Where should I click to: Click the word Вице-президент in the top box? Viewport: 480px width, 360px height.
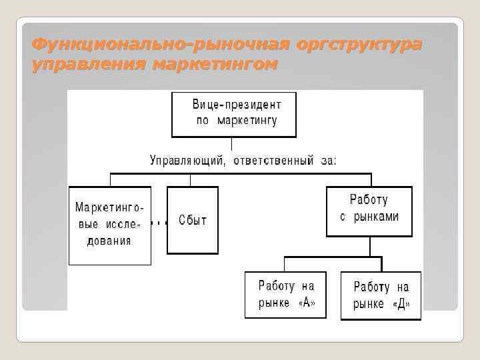click(237, 105)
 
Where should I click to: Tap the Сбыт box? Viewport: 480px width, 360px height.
click(192, 220)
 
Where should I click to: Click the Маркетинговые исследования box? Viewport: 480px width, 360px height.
click(109, 225)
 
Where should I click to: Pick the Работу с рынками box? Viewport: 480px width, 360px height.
click(369, 211)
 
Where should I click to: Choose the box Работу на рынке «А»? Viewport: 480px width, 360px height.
click(285, 294)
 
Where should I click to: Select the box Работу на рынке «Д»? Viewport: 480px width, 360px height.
click(381, 295)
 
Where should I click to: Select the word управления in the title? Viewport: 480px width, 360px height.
click(88, 65)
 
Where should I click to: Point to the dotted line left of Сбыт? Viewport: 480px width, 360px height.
click(159, 222)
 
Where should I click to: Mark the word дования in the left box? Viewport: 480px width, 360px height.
click(109, 241)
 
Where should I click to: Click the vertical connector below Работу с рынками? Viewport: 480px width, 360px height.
click(369, 246)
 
